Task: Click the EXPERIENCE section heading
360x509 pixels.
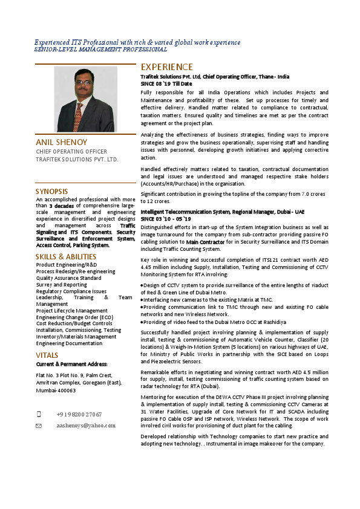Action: tap(167, 67)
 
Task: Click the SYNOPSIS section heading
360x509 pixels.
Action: tap(52, 192)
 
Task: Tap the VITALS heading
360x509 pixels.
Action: tap(47, 355)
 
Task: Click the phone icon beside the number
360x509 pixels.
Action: tap(39, 414)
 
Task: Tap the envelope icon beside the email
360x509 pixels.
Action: tap(39, 426)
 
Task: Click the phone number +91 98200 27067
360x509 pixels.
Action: tap(79, 414)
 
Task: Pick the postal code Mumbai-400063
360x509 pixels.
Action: tap(56, 391)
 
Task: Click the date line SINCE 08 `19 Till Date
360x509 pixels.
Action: tap(166, 83)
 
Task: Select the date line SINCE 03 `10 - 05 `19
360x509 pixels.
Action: tap(166, 218)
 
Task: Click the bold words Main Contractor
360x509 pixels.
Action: tap(205, 242)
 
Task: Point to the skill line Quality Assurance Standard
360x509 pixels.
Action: tap(68, 278)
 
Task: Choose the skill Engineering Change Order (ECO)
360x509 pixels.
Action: tap(74, 317)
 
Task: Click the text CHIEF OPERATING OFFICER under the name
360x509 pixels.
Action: tap(72, 152)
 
